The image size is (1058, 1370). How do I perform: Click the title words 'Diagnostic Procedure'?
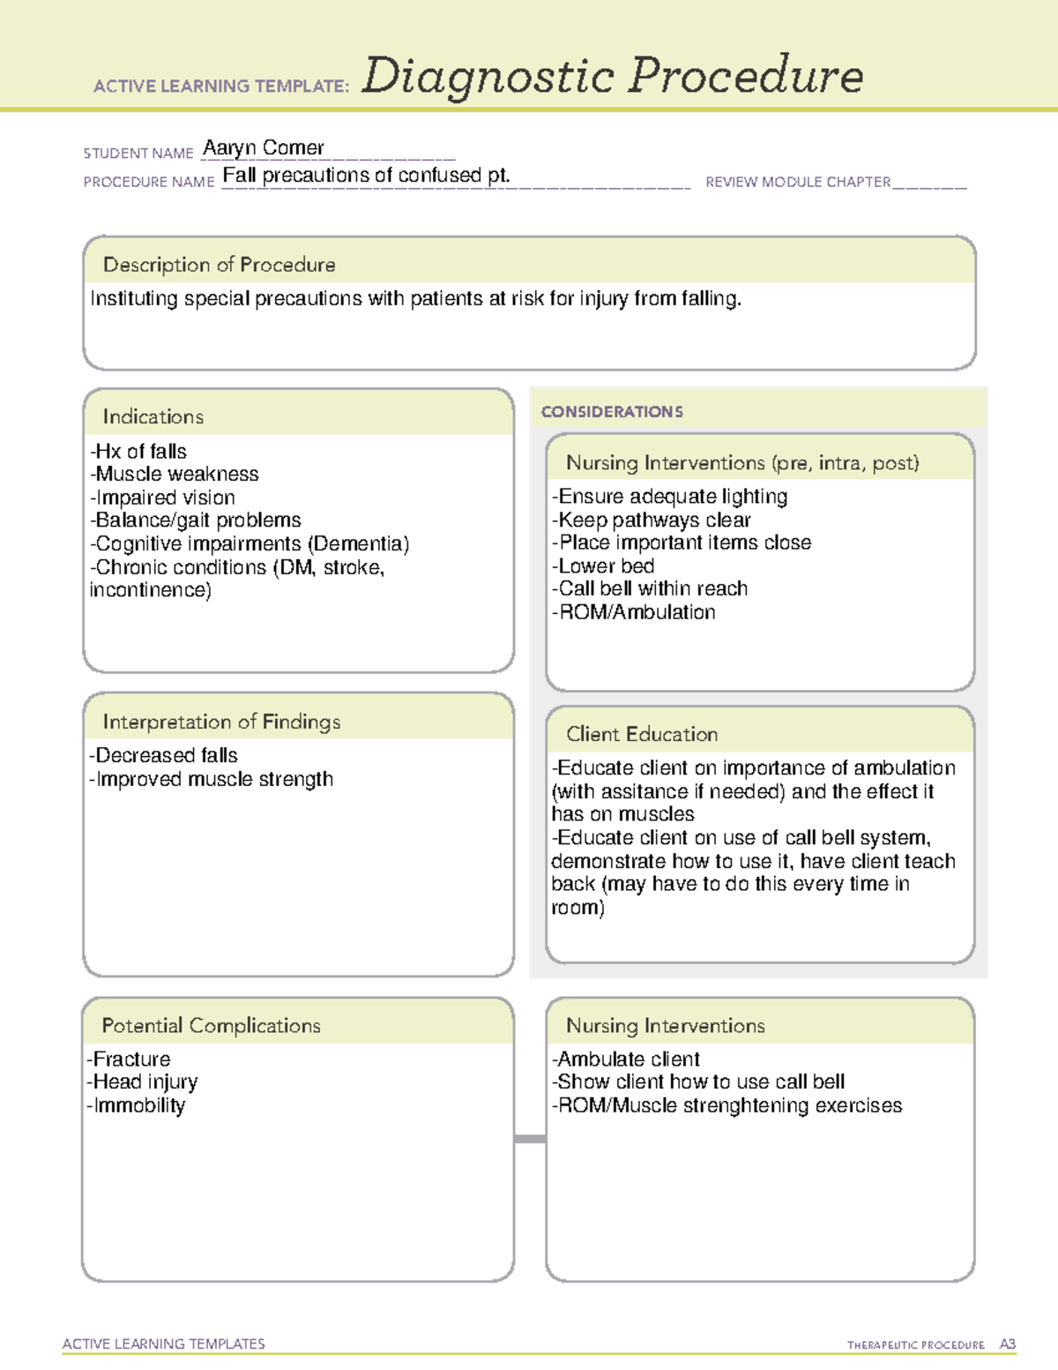click(x=612, y=76)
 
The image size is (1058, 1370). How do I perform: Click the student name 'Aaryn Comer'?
click(x=263, y=147)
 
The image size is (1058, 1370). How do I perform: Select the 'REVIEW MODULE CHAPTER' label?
click(x=798, y=182)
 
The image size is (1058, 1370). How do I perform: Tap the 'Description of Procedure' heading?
click(x=219, y=265)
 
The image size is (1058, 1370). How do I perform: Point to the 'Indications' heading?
click(x=153, y=416)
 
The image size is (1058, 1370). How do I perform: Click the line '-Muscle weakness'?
click(x=175, y=474)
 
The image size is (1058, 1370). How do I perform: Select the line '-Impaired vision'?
click(x=163, y=498)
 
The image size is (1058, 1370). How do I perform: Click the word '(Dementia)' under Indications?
click(x=358, y=543)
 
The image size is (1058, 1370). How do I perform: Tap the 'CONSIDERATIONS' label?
click(x=612, y=412)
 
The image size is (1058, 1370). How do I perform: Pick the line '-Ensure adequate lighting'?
click(x=670, y=497)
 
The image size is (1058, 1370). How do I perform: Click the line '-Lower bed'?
click(x=603, y=566)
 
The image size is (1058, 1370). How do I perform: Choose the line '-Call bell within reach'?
click(x=650, y=588)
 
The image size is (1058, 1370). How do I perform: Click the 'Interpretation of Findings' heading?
click(x=221, y=722)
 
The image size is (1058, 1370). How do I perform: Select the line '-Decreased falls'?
click(x=164, y=755)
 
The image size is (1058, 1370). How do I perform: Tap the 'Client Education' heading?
click(x=642, y=734)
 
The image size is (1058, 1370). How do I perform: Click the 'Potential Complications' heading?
click(x=211, y=1025)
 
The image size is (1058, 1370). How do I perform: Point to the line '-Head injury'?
click(x=143, y=1082)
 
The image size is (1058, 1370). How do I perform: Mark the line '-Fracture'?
click(x=129, y=1059)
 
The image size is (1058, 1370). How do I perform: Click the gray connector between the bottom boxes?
click(x=530, y=1139)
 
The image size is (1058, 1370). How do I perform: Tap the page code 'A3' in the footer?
click(x=1007, y=1344)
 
